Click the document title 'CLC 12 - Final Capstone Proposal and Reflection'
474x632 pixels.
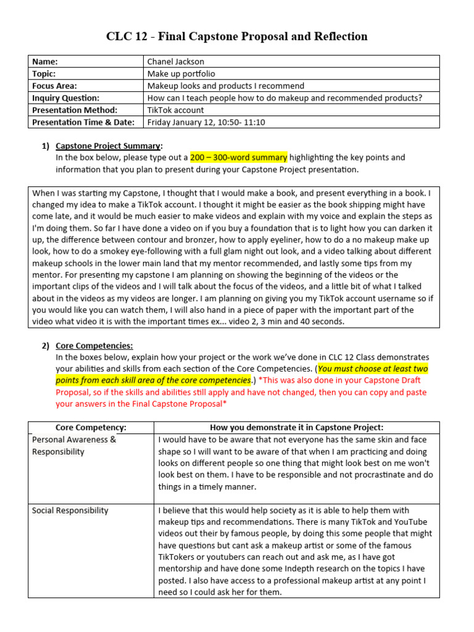[237, 36]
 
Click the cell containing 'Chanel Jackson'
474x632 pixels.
[175, 61]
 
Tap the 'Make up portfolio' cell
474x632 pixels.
[181, 73]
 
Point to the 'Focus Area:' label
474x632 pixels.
[54, 86]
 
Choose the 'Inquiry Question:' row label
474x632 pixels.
[65, 98]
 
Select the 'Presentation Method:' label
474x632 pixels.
[74, 110]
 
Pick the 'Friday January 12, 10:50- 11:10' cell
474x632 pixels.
[206, 122]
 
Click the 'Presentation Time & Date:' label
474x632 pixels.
[83, 122]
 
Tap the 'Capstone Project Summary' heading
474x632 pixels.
[109, 146]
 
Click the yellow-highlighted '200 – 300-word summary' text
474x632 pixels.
[238, 158]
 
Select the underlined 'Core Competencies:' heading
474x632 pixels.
[94, 346]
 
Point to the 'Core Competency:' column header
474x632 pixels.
[91, 427]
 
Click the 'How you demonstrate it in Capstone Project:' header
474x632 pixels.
[296, 427]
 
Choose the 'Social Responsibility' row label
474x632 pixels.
[70, 510]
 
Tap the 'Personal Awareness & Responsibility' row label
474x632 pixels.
[73, 445]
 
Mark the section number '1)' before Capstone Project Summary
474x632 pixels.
[45, 146]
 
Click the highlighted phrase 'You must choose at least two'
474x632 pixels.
[373, 369]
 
